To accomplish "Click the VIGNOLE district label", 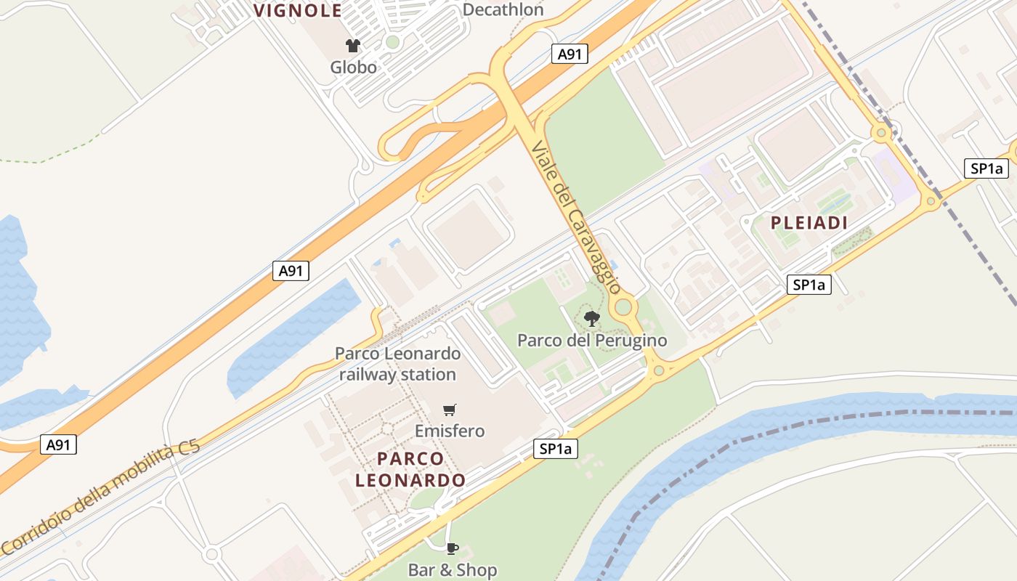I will pyautogui.click(x=298, y=10).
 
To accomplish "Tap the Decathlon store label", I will pyautogui.click(x=503, y=9).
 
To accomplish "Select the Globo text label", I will pyautogui.click(x=354, y=68).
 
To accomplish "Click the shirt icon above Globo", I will pyautogui.click(x=354, y=46).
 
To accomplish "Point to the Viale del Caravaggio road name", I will pyautogui.click(x=575, y=216).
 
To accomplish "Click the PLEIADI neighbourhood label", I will pyautogui.click(x=809, y=223).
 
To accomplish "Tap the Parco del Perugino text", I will pyautogui.click(x=592, y=340).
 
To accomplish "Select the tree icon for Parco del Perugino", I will pyautogui.click(x=592, y=318).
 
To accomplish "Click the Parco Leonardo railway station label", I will pyautogui.click(x=397, y=364).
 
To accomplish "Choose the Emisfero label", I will pyautogui.click(x=450, y=431).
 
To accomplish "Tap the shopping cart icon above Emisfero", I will pyautogui.click(x=450, y=410).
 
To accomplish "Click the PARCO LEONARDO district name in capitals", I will pyautogui.click(x=410, y=469).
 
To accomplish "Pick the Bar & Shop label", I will pyautogui.click(x=453, y=570).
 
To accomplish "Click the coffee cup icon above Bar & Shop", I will pyautogui.click(x=453, y=548).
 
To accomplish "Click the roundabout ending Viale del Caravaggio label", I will pyautogui.click(x=623, y=307).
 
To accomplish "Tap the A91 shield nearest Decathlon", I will pyautogui.click(x=569, y=54).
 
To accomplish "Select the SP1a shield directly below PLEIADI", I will pyautogui.click(x=809, y=285).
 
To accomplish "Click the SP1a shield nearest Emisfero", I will pyautogui.click(x=556, y=450).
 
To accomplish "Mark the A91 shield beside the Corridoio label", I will pyautogui.click(x=57, y=444).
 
